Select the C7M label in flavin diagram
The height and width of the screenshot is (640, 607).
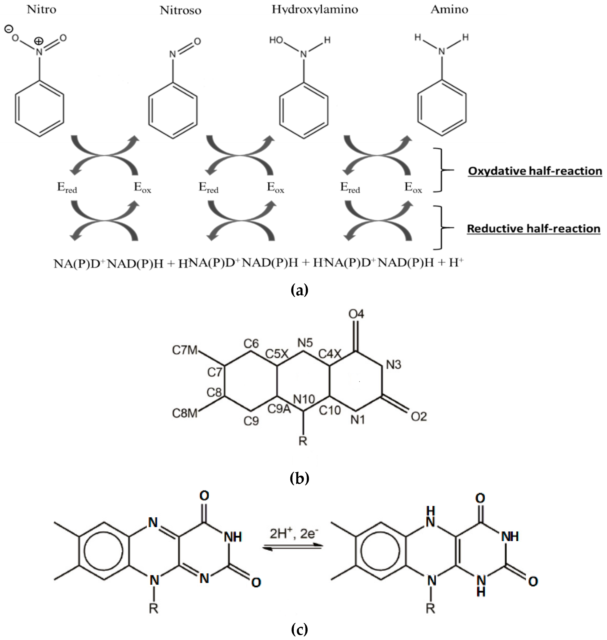184,350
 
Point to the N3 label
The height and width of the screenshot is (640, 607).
393,365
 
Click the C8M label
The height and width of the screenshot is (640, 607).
184,413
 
